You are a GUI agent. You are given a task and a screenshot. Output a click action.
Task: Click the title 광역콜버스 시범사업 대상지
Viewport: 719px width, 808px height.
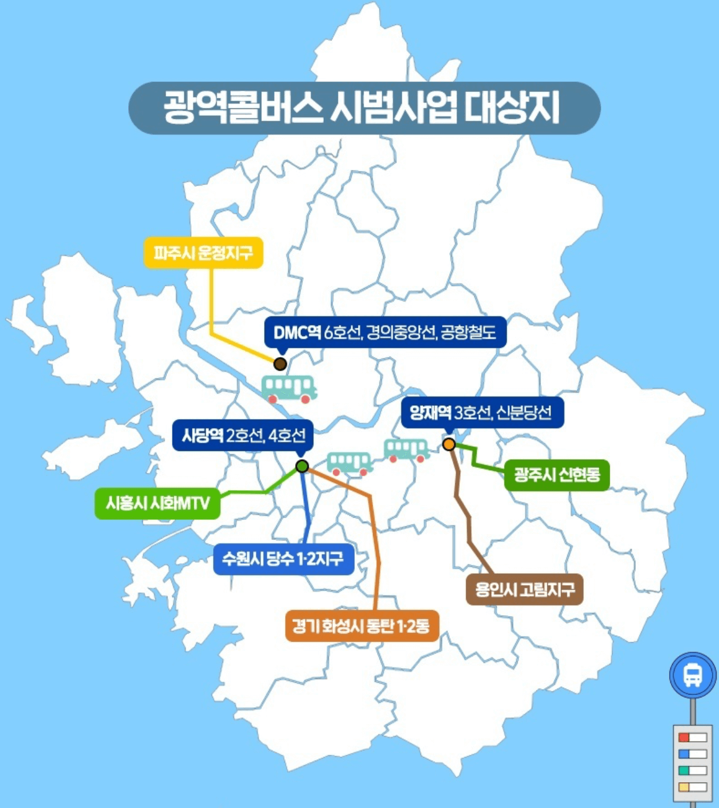coord(363,108)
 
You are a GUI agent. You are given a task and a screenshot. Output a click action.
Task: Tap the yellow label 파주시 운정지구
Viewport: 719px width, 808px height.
coord(203,253)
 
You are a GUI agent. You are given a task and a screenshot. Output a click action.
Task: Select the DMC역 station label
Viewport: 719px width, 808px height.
coord(385,333)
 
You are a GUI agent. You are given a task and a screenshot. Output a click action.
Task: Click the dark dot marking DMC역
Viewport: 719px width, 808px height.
coord(280,364)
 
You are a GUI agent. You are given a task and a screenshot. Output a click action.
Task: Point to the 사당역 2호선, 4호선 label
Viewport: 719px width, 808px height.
coord(243,435)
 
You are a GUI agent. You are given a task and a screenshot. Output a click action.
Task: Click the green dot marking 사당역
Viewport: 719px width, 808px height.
coord(302,466)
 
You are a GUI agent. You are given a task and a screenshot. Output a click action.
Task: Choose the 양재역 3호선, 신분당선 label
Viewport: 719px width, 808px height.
coord(481,412)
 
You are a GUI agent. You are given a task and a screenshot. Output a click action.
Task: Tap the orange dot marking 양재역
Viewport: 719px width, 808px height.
coord(449,444)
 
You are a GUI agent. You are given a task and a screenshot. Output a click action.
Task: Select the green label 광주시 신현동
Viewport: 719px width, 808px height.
coord(557,474)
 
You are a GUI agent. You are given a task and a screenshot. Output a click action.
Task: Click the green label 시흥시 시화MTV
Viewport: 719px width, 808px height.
coord(158,503)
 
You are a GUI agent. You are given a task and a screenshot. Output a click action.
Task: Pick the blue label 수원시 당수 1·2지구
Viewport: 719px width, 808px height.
coord(283,559)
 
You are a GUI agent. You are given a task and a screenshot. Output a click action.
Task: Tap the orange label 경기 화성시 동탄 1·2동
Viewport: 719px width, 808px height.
coord(361,626)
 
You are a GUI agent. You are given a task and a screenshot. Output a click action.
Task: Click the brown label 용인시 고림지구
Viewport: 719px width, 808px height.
coord(525,589)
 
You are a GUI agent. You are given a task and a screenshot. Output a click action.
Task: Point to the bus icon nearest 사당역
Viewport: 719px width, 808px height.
coord(350,463)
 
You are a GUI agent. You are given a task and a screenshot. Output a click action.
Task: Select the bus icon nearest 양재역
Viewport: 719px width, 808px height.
coord(406,450)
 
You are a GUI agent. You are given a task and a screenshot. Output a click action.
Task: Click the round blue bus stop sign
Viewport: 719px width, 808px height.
coord(693,675)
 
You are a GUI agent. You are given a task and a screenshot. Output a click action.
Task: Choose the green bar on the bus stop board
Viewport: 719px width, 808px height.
coord(683,771)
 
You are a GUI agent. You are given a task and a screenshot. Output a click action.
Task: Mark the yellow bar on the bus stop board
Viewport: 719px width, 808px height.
coord(683,787)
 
